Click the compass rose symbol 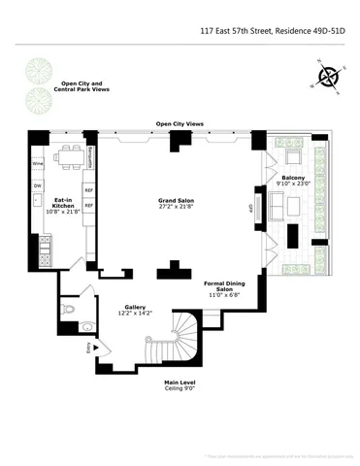pos(329,77)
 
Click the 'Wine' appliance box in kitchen pos(38,165)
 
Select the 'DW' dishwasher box pos(37,185)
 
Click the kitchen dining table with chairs pos(69,155)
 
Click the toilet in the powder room pos(68,309)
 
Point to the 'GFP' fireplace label pos(251,207)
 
